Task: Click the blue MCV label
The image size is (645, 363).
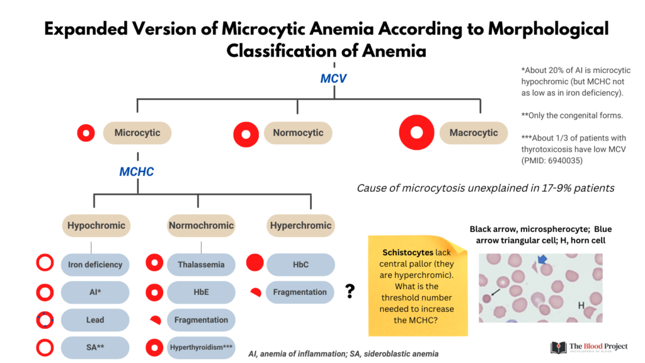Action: point(334,78)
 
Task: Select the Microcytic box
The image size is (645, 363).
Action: point(137,133)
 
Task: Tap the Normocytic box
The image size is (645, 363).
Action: point(298,133)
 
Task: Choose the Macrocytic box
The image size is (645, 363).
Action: point(474,133)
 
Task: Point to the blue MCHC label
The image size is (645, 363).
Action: point(137,171)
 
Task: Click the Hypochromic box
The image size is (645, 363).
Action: point(96,226)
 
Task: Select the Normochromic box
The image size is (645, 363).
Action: point(201,226)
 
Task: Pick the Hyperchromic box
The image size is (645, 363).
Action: point(300,226)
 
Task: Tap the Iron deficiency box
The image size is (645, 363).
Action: point(95,265)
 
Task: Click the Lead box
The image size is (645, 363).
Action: point(95,320)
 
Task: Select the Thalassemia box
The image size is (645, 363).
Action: point(201,265)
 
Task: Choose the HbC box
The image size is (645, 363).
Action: point(300,265)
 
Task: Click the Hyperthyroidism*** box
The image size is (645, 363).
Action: point(201,347)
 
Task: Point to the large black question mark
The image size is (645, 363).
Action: point(350,291)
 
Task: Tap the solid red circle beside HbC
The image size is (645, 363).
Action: point(254,263)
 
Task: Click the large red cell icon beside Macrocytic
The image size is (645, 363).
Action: point(416,132)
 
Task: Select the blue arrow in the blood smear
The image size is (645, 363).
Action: point(542,259)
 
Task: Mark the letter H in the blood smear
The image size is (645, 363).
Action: point(581,306)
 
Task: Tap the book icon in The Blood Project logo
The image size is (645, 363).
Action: point(559,347)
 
